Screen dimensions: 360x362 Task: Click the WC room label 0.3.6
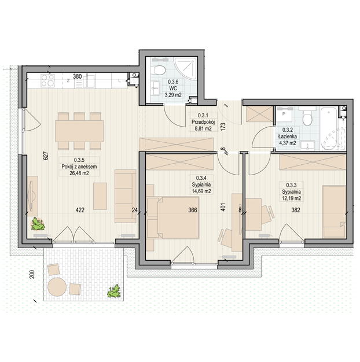(x=173, y=82)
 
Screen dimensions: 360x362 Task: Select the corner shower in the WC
(x=186, y=69)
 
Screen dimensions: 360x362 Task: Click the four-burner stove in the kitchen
(x=47, y=80)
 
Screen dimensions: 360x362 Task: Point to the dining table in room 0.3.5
(x=79, y=131)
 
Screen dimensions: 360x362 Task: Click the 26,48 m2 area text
(x=79, y=173)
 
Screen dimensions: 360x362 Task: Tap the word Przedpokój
(x=203, y=122)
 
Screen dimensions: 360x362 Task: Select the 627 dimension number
(x=46, y=156)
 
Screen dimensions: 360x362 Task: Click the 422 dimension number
(x=80, y=210)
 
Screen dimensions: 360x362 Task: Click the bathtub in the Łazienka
(x=333, y=128)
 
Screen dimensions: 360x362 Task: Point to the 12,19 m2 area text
(x=291, y=198)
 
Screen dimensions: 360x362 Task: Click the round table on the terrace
(x=57, y=287)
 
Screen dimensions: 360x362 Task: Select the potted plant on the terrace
(x=114, y=291)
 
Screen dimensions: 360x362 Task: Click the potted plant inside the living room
(x=38, y=224)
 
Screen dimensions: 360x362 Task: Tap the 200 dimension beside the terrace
(x=32, y=274)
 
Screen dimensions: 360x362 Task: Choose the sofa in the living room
(x=125, y=196)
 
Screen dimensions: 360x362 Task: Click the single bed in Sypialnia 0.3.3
(x=334, y=212)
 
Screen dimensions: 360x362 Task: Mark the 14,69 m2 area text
(x=201, y=191)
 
